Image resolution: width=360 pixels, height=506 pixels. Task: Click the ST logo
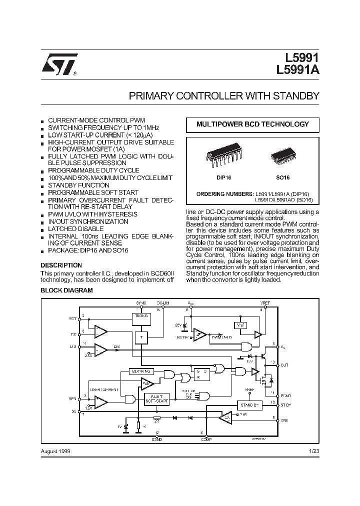pos(59,64)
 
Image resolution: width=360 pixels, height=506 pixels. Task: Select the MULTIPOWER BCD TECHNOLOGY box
pos(252,124)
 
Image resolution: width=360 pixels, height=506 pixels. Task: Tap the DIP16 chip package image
pos(218,156)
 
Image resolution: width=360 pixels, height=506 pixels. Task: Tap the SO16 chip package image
pos(283,156)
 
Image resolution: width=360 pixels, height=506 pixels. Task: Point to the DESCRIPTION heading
pos(61,265)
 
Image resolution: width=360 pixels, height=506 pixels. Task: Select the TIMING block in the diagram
pos(141,316)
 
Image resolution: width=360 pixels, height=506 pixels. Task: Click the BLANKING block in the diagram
pos(142,371)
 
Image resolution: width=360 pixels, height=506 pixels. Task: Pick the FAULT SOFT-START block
pos(157,398)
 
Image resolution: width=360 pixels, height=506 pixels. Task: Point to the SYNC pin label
pos(141,303)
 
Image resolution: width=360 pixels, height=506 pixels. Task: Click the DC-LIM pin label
pos(163,303)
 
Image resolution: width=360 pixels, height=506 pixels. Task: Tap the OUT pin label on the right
pos(285,365)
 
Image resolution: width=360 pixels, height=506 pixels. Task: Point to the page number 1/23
pos(314,450)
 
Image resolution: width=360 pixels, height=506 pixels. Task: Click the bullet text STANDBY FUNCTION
pos(78,185)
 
